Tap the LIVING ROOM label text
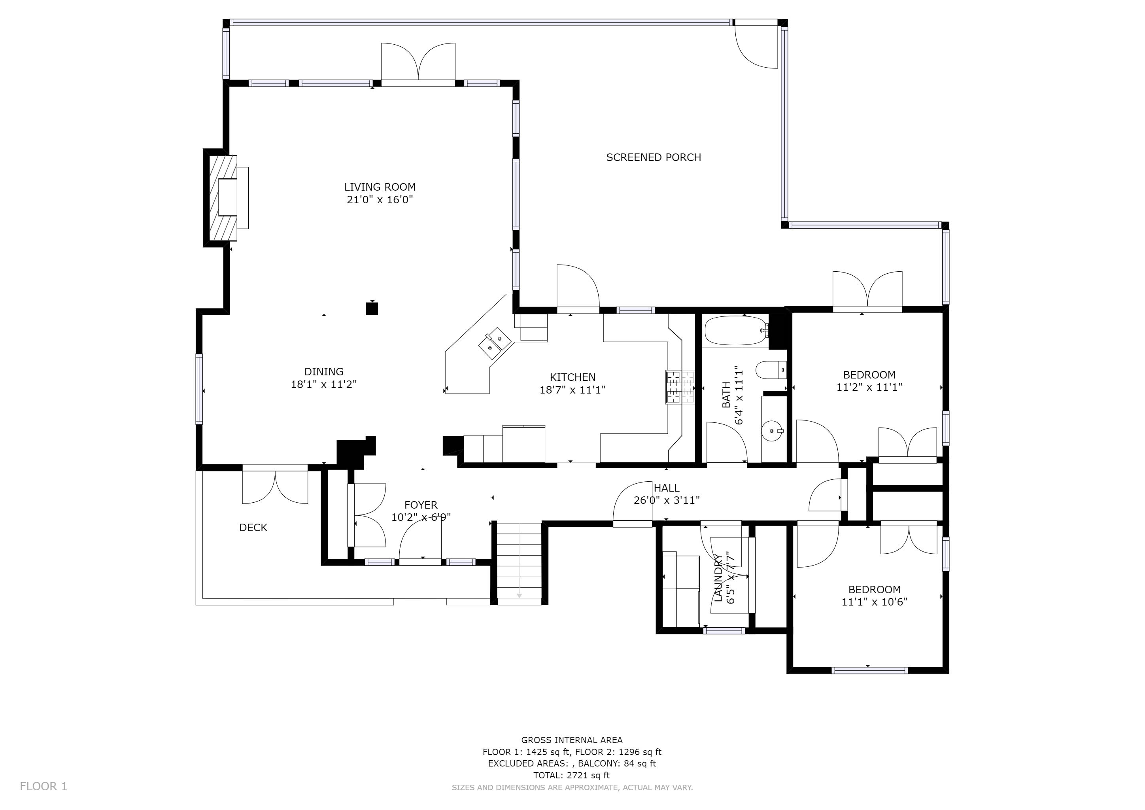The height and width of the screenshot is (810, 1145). pyautogui.click(x=380, y=187)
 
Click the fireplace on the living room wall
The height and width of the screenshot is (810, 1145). pyautogui.click(x=223, y=198)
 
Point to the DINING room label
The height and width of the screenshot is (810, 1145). pyautogui.click(x=324, y=372)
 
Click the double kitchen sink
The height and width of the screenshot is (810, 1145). pyautogui.click(x=494, y=343)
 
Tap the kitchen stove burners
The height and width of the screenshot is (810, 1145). pyautogui.click(x=680, y=387)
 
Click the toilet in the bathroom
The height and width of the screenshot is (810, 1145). pyautogui.click(x=771, y=371)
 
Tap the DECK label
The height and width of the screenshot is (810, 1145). pyautogui.click(x=253, y=528)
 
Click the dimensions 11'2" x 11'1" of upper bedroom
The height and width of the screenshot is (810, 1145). pyautogui.click(x=869, y=388)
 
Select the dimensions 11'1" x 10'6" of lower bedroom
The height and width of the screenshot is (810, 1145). pyautogui.click(x=874, y=602)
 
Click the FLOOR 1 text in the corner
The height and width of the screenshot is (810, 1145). pyautogui.click(x=43, y=787)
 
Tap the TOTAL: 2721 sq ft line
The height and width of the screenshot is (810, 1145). pyautogui.click(x=571, y=775)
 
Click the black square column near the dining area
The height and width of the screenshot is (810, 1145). pyautogui.click(x=372, y=309)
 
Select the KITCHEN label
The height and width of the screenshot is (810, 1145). pyautogui.click(x=572, y=378)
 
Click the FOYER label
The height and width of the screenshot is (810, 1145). pyautogui.click(x=421, y=505)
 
